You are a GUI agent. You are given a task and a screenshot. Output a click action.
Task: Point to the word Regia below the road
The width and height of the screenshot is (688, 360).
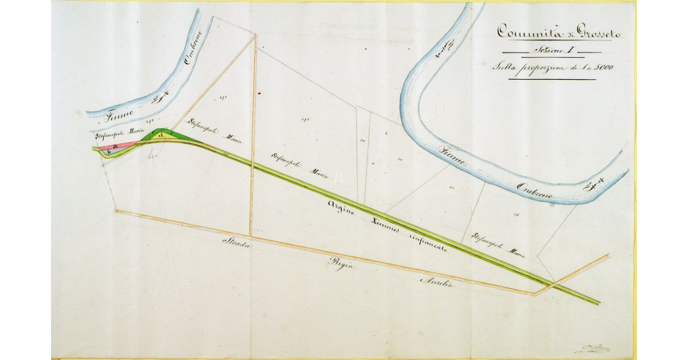pos(339,264)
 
